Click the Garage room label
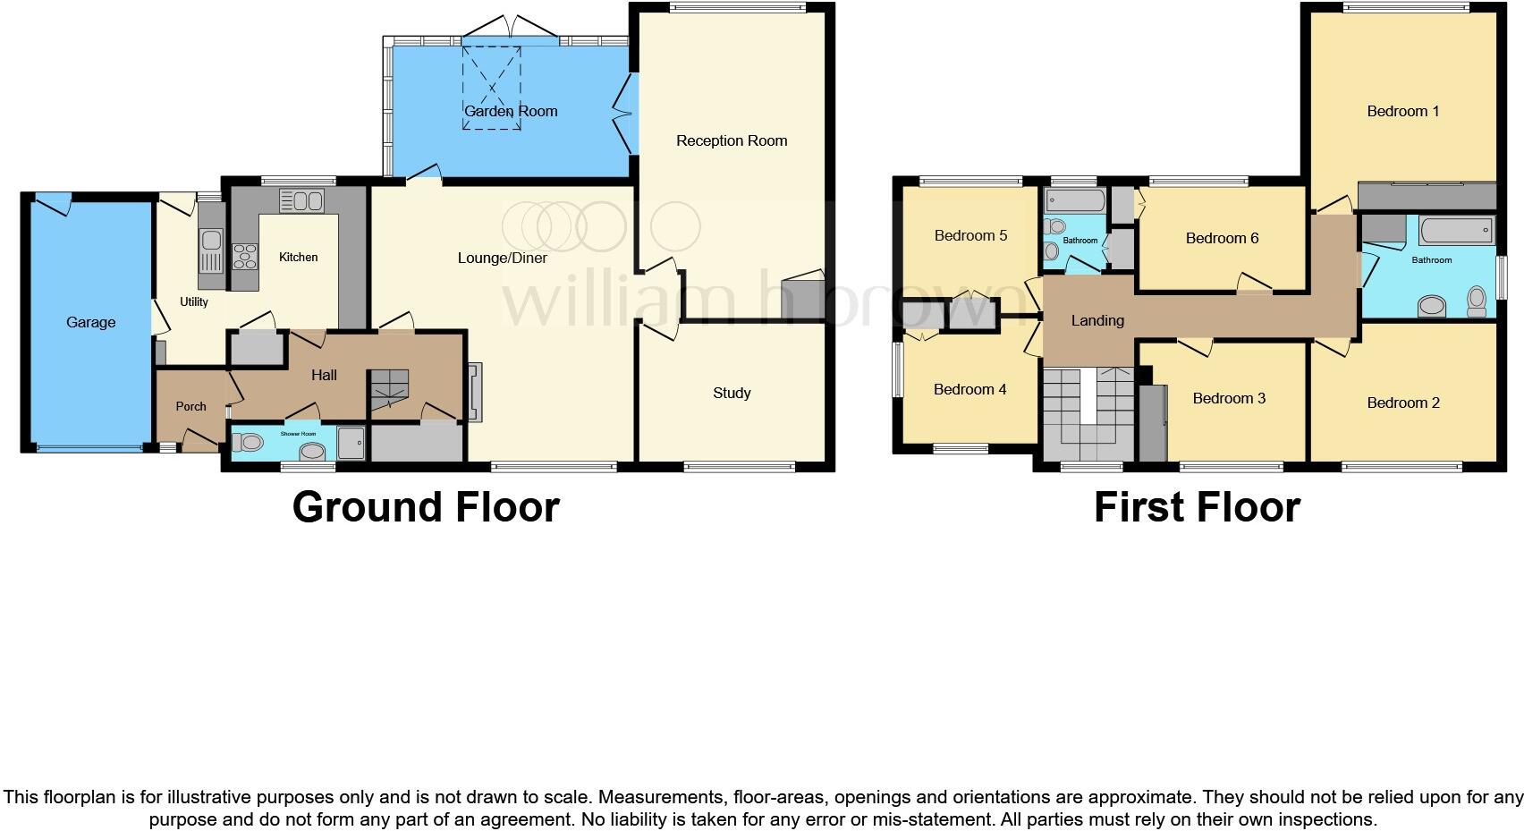click(x=90, y=322)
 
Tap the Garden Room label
click(x=511, y=111)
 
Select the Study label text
click(x=732, y=393)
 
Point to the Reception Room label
click(x=732, y=140)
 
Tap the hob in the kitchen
click(x=244, y=257)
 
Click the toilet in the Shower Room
click(x=249, y=441)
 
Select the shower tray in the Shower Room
click(x=351, y=443)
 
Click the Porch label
click(x=190, y=406)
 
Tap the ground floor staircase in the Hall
click(x=390, y=390)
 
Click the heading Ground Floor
click(x=426, y=507)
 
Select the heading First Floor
click(x=1197, y=507)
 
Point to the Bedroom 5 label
click(x=970, y=235)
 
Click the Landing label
click(x=1097, y=320)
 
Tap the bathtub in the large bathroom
click(x=1456, y=231)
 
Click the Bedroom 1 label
click(x=1402, y=111)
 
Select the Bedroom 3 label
click(x=1229, y=398)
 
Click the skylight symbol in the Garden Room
click(x=492, y=88)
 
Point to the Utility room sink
click(x=211, y=240)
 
